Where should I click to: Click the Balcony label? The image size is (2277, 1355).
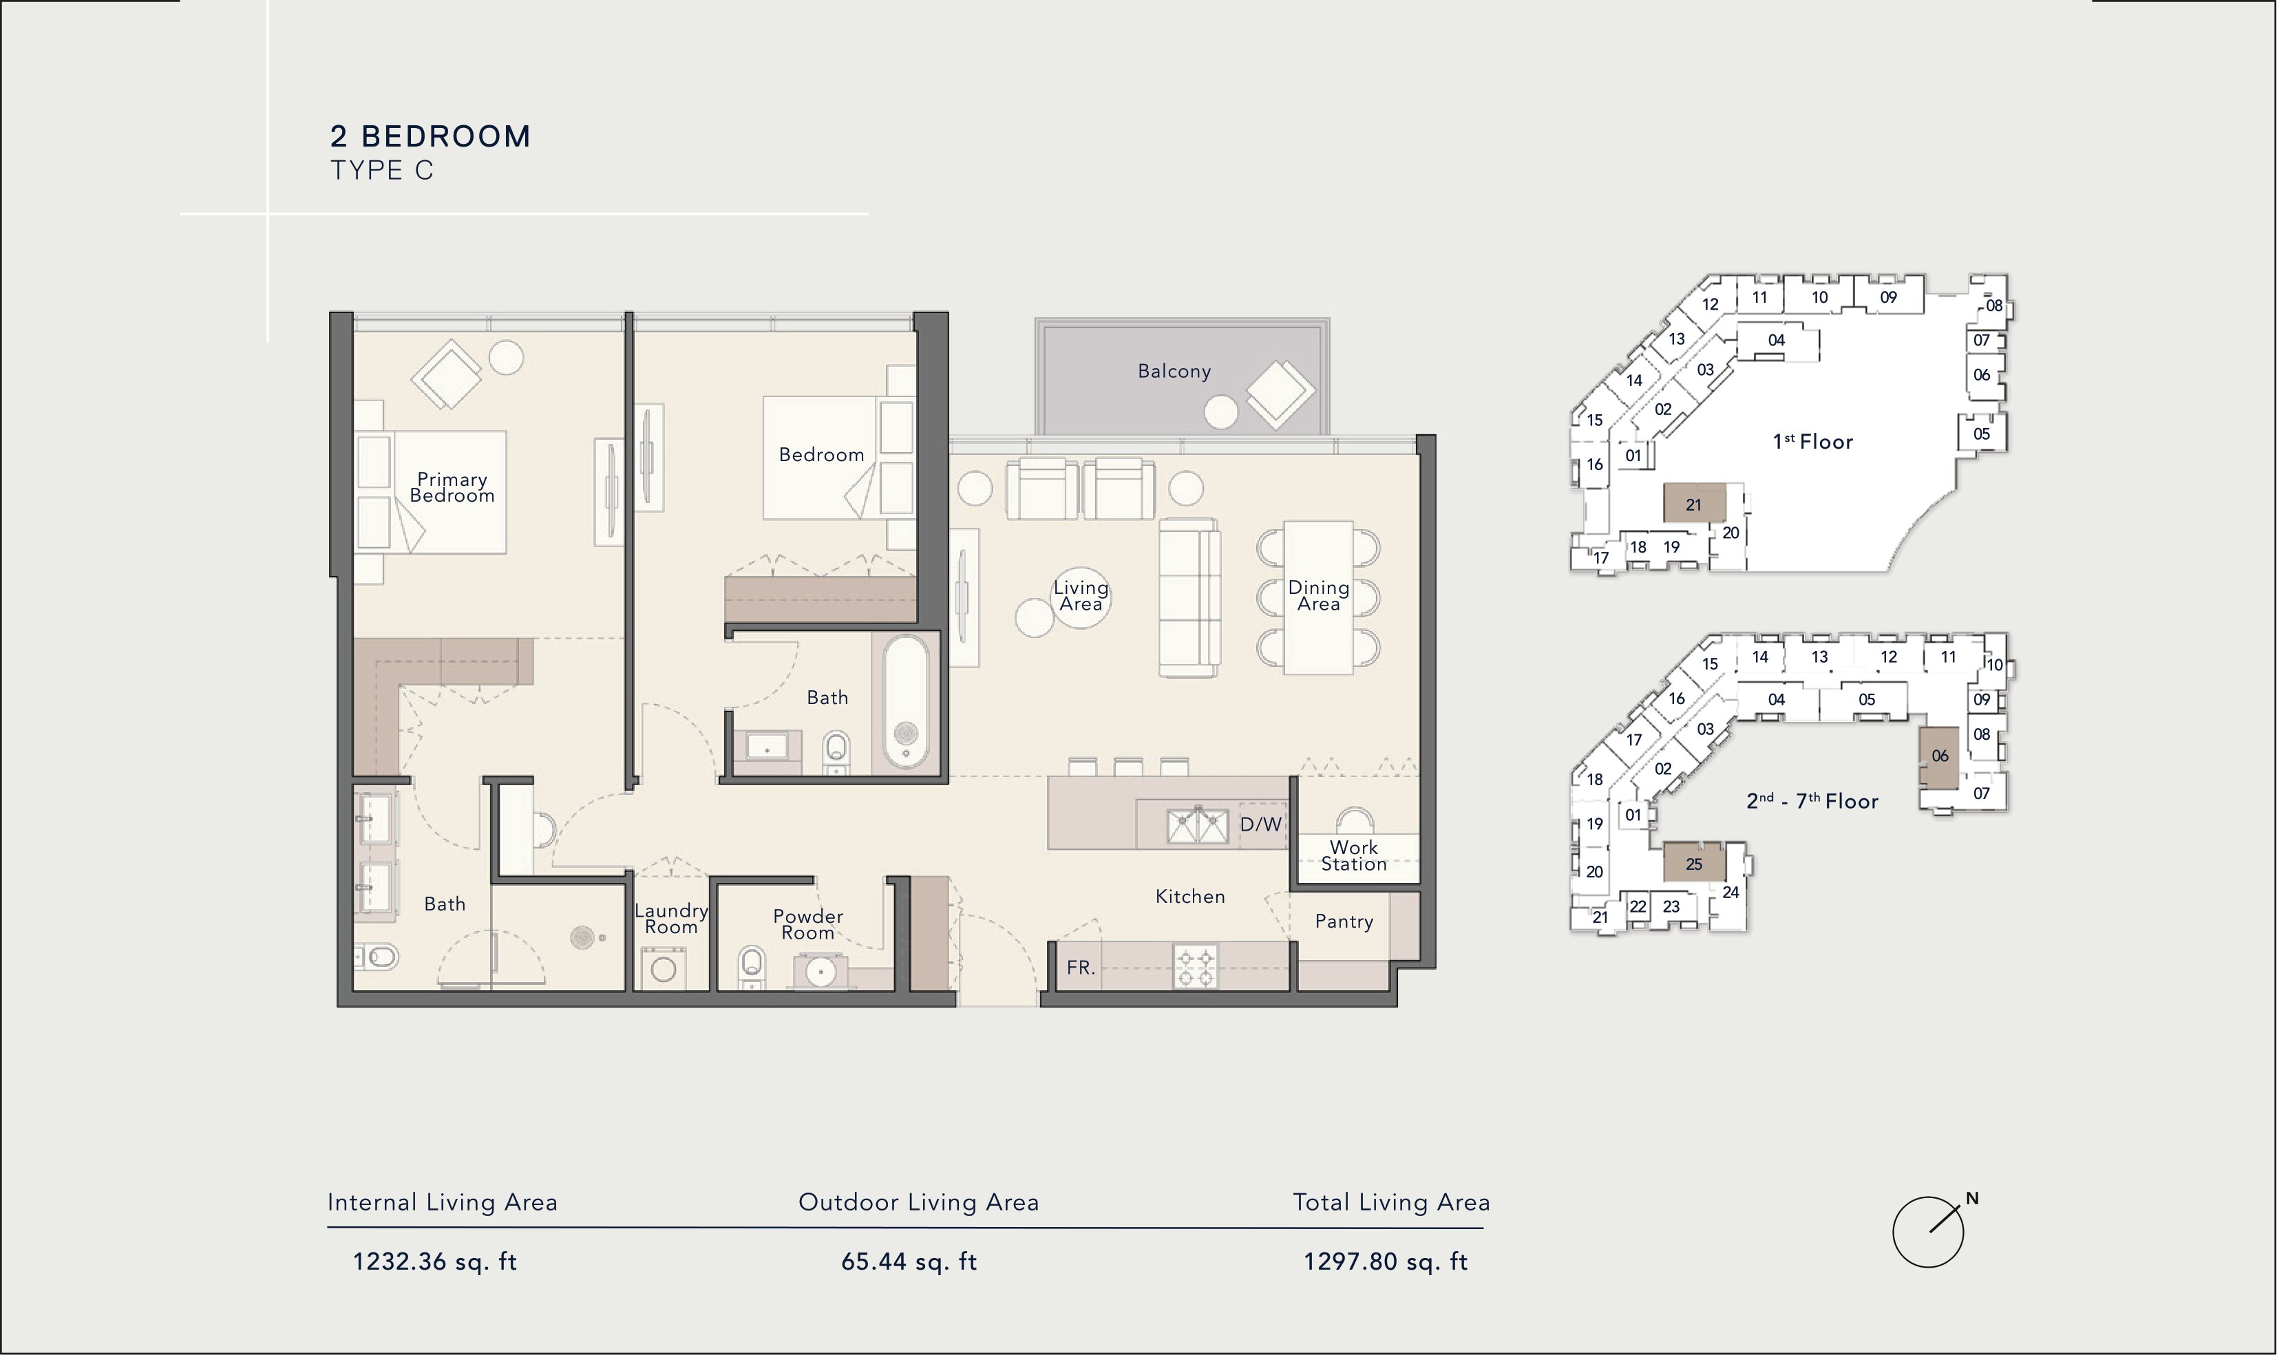[x=1174, y=372]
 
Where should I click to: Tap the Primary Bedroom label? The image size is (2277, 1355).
[x=452, y=488]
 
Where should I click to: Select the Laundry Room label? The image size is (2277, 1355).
[x=671, y=919]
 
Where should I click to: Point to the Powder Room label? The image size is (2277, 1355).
[x=808, y=924]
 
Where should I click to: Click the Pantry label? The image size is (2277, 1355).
[x=1344, y=921]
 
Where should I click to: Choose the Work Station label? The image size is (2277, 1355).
[x=1354, y=855]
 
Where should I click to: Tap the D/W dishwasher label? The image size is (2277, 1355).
[x=1261, y=824]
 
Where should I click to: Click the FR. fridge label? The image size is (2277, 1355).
[x=1080, y=968]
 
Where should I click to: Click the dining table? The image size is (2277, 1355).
[x=1318, y=597]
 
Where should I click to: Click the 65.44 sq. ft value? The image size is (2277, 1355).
[x=909, y=1262]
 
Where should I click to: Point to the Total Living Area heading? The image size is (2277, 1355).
[x=1391, y=1202]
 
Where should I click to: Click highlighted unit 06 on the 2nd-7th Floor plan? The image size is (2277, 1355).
[x=1938, y=758]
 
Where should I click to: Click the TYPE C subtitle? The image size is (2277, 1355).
[x=381, y=171]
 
